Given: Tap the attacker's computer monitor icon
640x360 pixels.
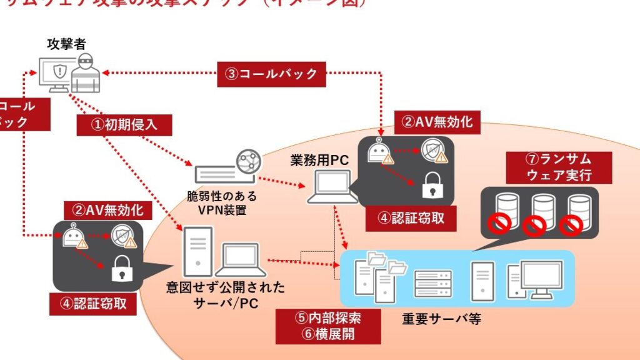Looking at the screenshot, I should pyautogui.click(x=55, y=74).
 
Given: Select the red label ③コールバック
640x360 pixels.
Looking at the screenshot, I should pyautogui.click(x=271, y=74).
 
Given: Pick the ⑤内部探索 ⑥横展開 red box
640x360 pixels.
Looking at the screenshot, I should pyautogui.click(x=328, y=326).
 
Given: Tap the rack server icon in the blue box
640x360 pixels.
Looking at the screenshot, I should pyautogui.click(x=432, y=282).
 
